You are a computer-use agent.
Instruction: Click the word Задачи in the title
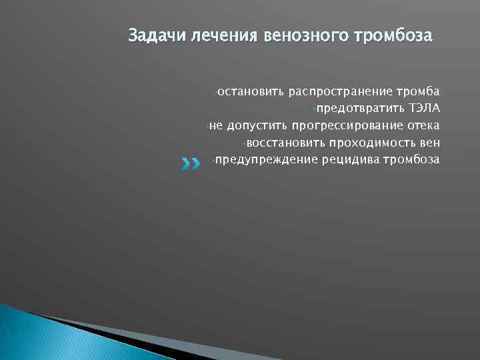click(149, 34)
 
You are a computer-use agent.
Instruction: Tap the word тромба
click(417, 90)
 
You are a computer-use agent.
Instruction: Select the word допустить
click(255, 125)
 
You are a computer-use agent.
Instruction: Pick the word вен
click(429, 142)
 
